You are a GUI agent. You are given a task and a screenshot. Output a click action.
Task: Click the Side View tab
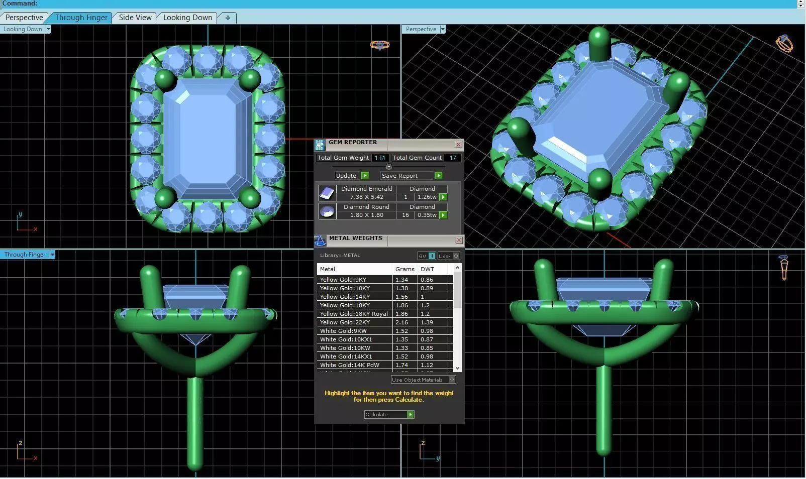coord(135,18)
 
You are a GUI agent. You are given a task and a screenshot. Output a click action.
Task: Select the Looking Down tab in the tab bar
coord(187,18)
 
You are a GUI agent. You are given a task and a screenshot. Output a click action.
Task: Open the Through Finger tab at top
coord(81,18)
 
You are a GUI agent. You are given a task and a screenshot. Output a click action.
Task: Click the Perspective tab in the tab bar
coord(24,18)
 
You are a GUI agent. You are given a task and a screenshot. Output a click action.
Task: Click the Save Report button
coord(411,176)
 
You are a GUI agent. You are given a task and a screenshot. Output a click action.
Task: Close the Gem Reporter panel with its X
coord(458,145)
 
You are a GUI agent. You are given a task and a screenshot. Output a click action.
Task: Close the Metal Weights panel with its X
coord(458,241)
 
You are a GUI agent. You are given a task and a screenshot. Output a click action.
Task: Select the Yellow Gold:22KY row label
coord(345,322)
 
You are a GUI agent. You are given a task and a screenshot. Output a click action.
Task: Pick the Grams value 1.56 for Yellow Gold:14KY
coord(401,297)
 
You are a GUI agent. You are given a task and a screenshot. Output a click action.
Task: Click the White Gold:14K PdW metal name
coord(349,365)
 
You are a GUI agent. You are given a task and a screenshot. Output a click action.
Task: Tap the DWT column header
coord(427,269)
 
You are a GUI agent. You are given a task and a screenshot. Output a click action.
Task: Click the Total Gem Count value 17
coord(453,158)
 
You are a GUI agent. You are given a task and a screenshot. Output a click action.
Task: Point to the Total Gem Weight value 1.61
coord(380,158)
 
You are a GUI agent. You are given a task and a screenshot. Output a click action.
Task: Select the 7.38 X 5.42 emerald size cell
coord(366,197)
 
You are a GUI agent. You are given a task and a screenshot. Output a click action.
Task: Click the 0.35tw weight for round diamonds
coord(427,215)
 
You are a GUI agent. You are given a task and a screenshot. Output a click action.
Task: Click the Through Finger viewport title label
coord(25,255)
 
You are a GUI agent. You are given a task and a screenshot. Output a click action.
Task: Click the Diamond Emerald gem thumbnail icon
coord(327,193)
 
